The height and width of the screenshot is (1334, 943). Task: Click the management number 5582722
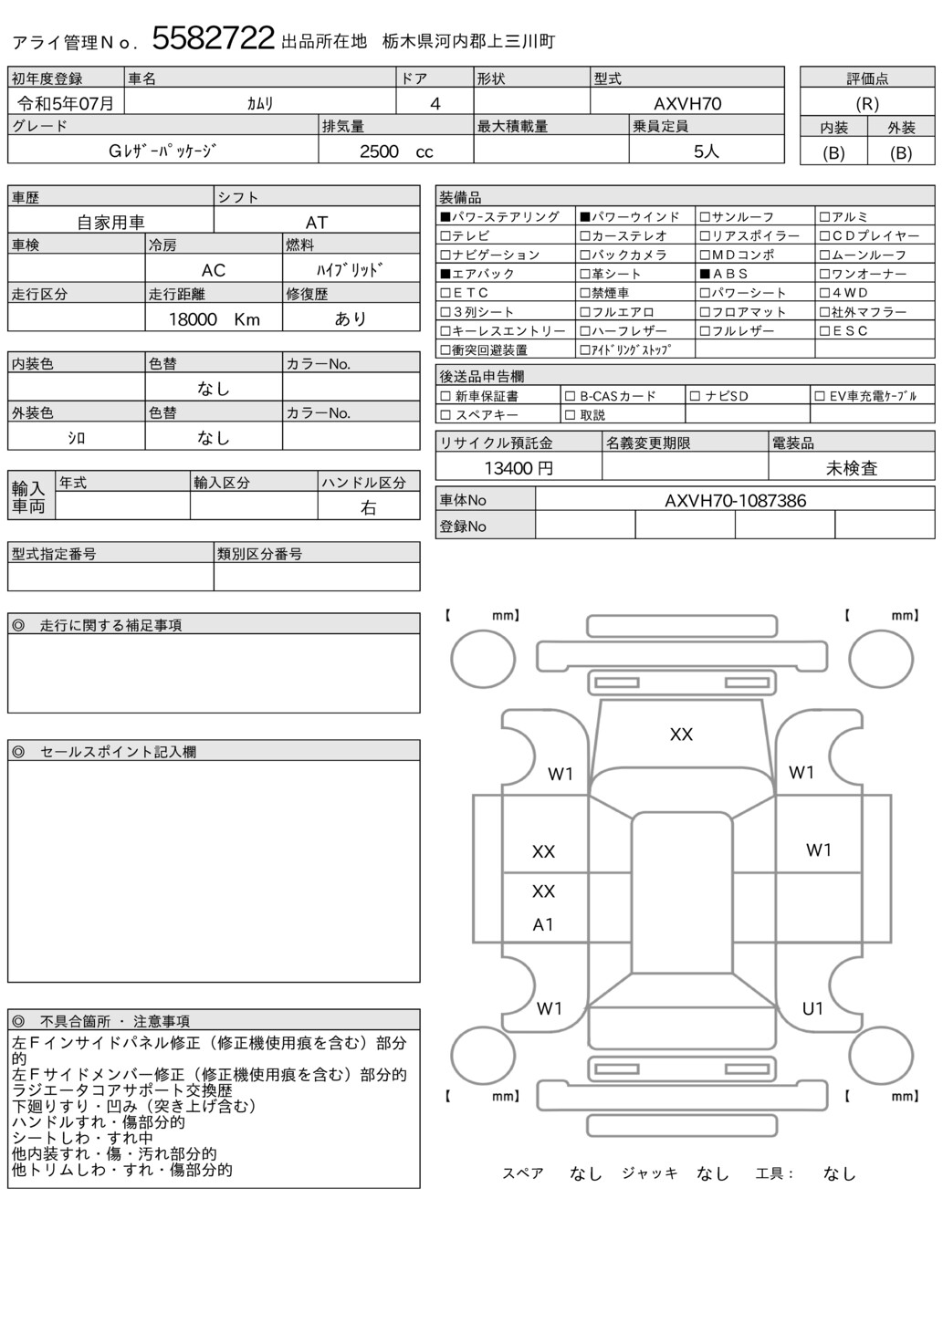213,38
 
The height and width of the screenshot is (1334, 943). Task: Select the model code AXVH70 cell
686,103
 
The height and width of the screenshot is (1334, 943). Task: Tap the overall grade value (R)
866,104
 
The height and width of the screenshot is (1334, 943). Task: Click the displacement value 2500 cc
395,151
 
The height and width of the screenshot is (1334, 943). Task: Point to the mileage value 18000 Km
214,318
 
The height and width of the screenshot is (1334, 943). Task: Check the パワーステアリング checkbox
445,217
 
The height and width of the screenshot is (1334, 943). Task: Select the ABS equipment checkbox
705,274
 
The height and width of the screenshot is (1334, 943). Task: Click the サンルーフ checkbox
705,217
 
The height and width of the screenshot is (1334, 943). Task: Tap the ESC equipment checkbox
824,331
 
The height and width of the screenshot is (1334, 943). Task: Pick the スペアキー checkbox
445,415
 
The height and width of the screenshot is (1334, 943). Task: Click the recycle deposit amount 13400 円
518,468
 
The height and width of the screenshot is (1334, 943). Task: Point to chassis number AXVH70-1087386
734,500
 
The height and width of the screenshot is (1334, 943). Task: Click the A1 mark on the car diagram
543,924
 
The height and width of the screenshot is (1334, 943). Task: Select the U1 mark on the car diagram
812,1008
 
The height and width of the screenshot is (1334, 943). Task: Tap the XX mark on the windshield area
681,735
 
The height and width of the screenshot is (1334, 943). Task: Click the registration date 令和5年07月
66,103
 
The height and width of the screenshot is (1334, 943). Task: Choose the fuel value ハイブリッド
350,270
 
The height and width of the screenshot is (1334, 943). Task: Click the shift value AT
316,222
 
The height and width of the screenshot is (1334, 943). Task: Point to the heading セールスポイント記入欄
118,752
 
